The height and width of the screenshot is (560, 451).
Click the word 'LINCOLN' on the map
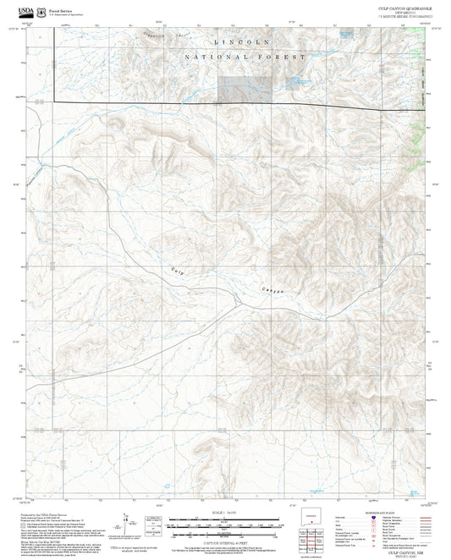(x=242, y=41)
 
